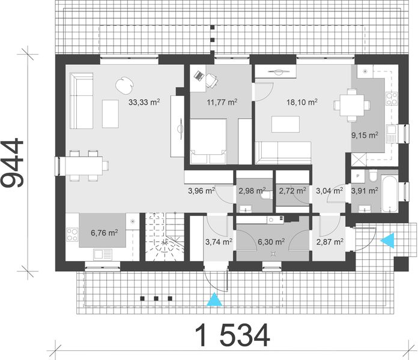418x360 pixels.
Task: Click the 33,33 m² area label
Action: tap(144, 103)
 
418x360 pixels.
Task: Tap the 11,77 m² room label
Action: tap(222, 103)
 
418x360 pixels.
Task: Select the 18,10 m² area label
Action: tap(303, 103)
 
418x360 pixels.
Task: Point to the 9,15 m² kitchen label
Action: tap(364, 134)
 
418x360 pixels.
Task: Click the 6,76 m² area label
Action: tap(103, 232)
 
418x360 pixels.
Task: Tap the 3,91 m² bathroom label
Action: tap(364, 191)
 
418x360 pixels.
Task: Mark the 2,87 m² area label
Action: tap(330, 242)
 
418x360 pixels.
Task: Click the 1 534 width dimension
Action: tap(231, 335)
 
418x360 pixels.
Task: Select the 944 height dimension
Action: tap(13, 163)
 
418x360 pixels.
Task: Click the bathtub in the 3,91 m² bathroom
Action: tap(389, 193)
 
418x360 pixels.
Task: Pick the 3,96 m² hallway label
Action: tap(201, 191)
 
